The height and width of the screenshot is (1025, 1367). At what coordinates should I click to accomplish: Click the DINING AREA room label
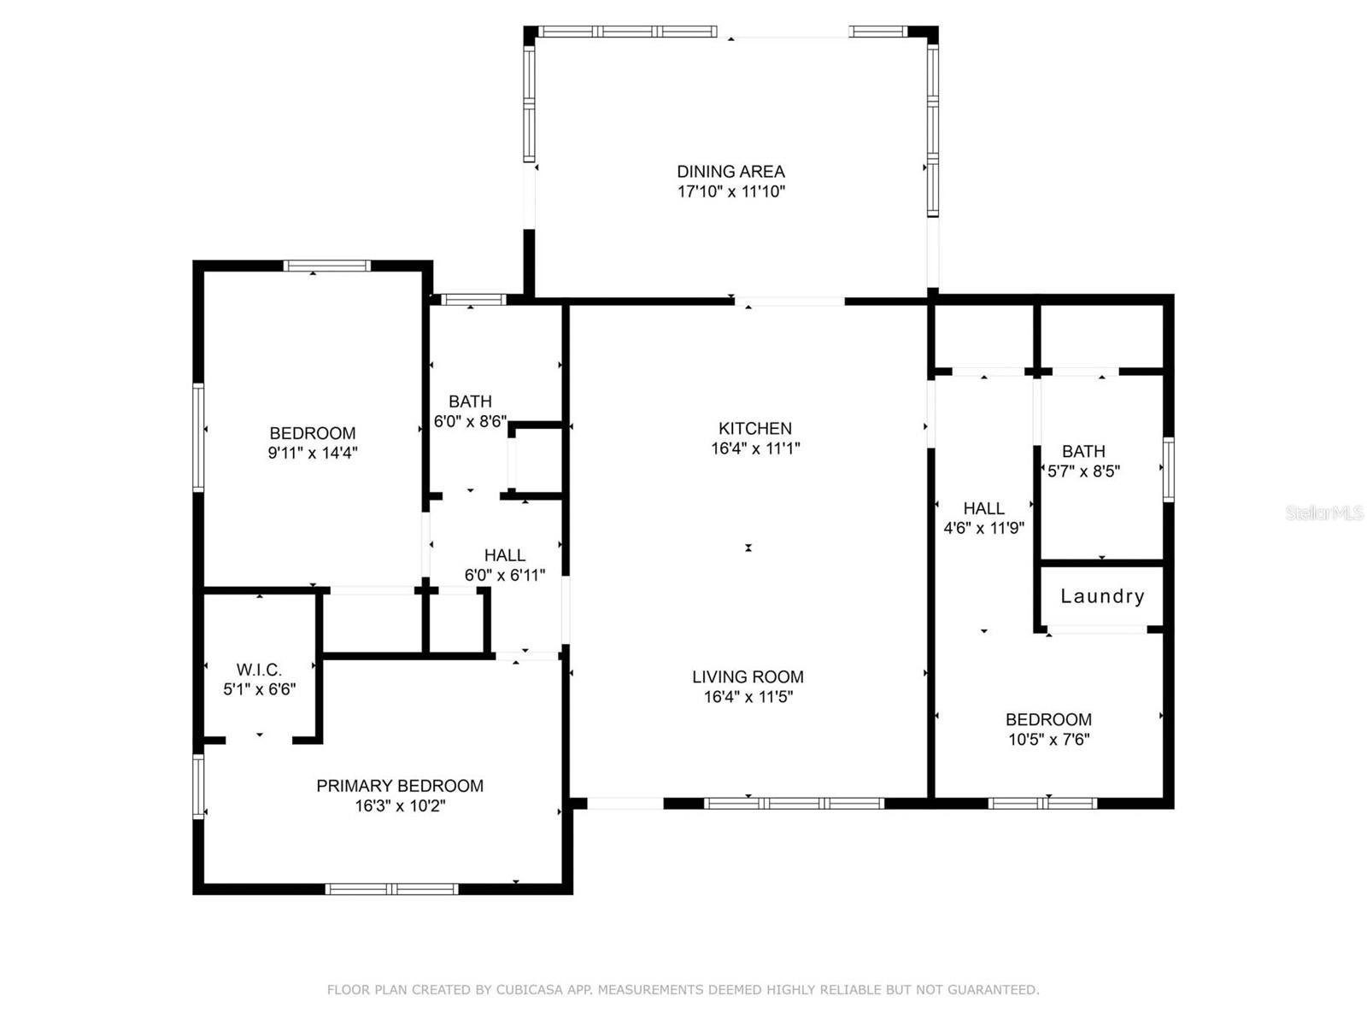(x=730, y=172)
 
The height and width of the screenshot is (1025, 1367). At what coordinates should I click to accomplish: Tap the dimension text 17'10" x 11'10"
(x=730, y=191)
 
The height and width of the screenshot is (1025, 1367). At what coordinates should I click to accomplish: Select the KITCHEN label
(x=754, y=428)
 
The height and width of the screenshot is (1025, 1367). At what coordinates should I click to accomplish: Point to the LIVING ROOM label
(x=748, y=676)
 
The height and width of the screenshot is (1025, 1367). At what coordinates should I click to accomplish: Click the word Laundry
(x=1102, y=596)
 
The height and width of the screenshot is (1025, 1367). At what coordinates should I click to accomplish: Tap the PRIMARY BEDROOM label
(x=400, y=786)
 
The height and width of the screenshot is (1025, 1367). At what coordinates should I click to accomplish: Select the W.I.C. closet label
(x=259, y=670)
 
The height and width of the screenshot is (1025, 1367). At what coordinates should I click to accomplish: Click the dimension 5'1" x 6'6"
(x=259, y=689)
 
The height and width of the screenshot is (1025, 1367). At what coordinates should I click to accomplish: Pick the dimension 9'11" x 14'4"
(x=312, y=453)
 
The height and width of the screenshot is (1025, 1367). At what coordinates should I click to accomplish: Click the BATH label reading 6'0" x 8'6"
(x=470, y=401)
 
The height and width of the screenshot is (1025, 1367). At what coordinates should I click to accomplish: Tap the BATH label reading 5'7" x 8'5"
(x=1083, y=451)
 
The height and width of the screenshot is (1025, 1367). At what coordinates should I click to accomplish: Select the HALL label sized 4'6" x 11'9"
(x=983, y=508)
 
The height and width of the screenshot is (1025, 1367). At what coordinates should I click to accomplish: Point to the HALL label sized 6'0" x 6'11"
(x=504, y=555)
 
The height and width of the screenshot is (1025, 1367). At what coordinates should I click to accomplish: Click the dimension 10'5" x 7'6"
(x=1048, y=740)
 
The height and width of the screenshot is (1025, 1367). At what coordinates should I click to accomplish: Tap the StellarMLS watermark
(x=1323, y=512)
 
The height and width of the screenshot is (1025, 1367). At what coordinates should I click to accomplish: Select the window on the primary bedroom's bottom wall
(x=392, y=889)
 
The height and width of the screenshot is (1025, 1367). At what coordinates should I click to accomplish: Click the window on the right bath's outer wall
(x=1168, y=468)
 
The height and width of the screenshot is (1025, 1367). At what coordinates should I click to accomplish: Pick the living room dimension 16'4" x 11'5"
(x=748, y=697)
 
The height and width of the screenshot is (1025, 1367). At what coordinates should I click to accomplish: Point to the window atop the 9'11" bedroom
(x=327, y=266)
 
